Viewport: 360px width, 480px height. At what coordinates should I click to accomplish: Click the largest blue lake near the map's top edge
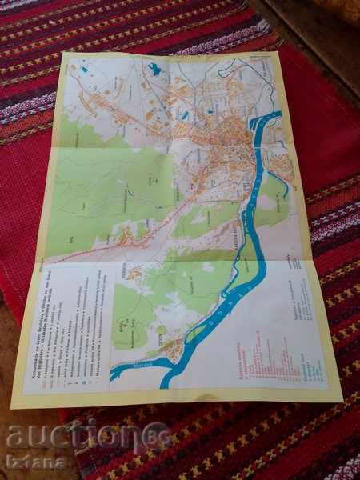pyautogui.click(x=154, y=70)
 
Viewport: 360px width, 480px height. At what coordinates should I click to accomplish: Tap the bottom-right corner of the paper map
pyautogui.click(x=342, y=398)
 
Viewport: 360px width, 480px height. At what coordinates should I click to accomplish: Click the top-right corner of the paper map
pyautogui.click(x=282, y=51)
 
